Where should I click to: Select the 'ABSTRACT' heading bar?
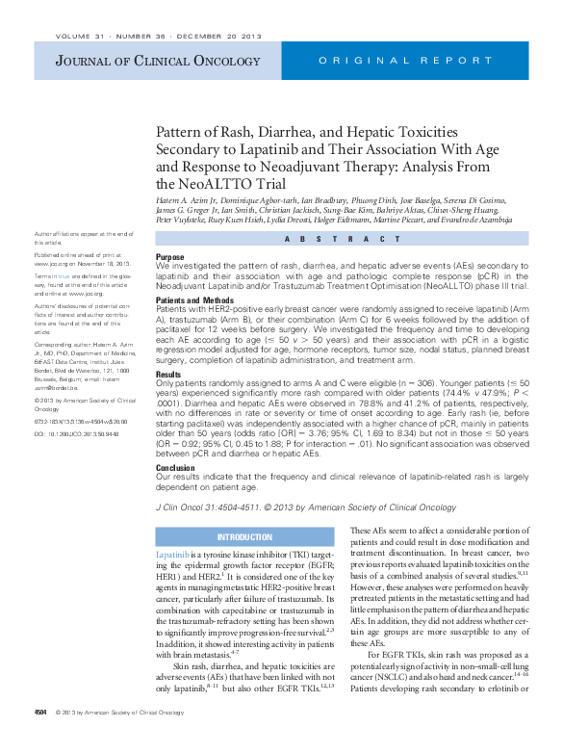click(x=343, y=239)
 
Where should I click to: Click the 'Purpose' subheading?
click(x=169, y=257)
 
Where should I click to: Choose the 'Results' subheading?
click(x=168, y=374)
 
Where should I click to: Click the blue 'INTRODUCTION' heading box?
click(x=244, y=536)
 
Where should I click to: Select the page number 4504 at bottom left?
click(x=40, y=739)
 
